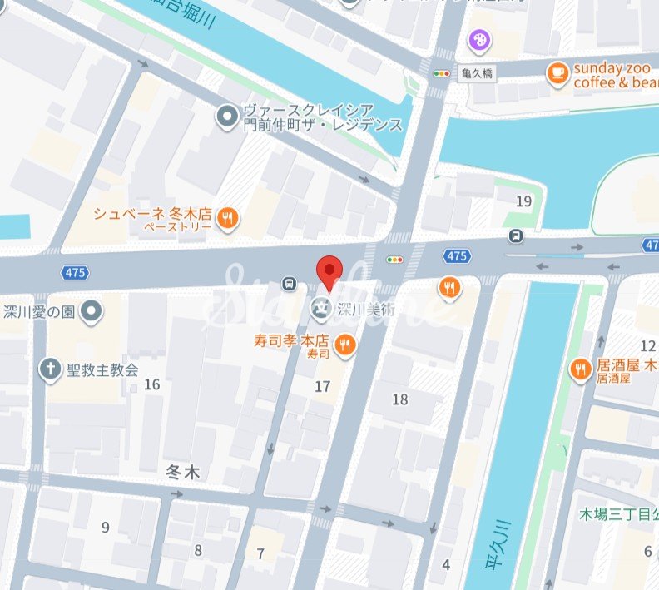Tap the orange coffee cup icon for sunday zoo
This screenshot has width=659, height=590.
coord(557,74)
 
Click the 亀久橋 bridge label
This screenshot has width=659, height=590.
coord(477,73)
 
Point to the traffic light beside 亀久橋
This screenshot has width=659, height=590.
coord(440,73)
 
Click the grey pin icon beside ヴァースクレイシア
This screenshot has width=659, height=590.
coord(225,117)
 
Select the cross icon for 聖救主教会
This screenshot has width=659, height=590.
coord(51,368)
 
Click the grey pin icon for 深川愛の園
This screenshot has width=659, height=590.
coord(92,312)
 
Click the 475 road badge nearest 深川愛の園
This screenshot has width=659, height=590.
coord(73,272)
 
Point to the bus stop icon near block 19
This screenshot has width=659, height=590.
coord(517,236)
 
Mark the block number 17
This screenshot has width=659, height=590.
coord(323,386)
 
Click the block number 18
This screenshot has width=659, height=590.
coord(400,399)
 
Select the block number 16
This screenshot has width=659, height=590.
coord(151,384)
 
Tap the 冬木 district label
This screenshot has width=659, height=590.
coord(184,473)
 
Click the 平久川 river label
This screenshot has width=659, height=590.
coord(505,542)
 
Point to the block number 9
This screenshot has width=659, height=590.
coord(105,527)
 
